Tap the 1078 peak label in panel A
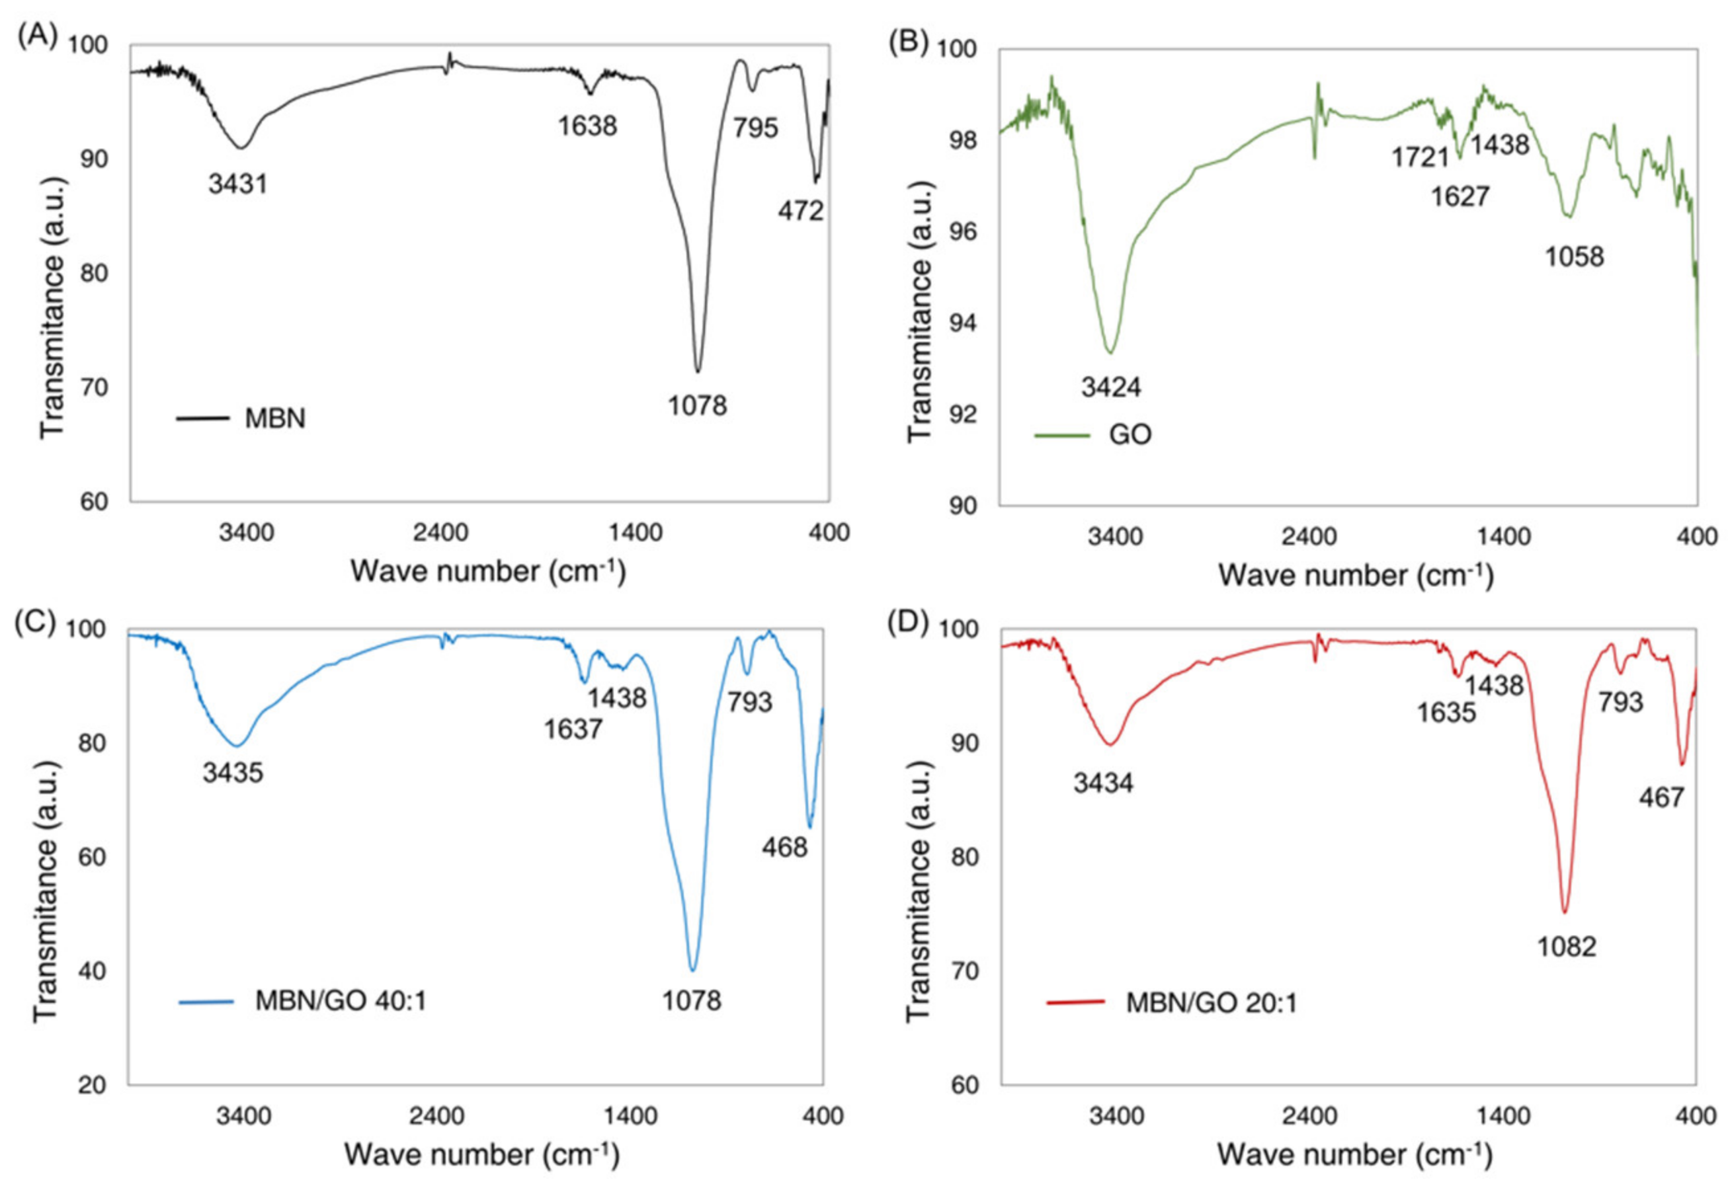[697, 406]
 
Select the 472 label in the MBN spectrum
[800, 212]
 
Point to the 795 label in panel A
[755, 129]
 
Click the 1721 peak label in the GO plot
[1420, 158]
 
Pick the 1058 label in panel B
[1575, 257]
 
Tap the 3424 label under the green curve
[1110, 387]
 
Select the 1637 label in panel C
[573, 729]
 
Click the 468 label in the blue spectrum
[784, 848]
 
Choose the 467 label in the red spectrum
[1661, 797]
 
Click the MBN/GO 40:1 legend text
[341, 1001]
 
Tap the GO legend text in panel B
[1130, 434]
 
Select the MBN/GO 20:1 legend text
[1211, 1002]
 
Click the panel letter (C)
[34, 622]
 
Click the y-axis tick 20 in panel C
[93, 1086]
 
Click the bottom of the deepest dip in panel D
[1563, 912]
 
